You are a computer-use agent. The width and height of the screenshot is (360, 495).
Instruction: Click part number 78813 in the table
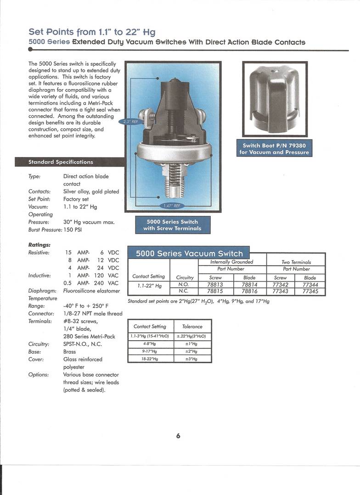point(215,285)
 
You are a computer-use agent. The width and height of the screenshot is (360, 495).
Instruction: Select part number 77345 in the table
point(310,291)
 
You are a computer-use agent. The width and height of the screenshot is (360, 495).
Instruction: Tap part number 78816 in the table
point(249,291)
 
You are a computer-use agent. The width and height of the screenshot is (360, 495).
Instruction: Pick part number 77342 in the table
point(280,285)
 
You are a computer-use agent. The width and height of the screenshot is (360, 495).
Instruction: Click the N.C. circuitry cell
point(183,291)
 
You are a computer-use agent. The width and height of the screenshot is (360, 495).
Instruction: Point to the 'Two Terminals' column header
point(296,262)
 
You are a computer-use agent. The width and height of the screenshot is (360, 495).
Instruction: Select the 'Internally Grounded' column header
point(231,262)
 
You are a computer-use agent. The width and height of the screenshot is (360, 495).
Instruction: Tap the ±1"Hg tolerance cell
point(192,343)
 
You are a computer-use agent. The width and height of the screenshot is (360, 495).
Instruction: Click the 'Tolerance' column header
point(192,326)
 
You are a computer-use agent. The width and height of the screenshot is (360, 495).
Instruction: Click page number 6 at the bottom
point(178,436)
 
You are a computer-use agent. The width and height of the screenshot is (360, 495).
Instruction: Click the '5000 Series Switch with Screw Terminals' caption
point(172,225)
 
